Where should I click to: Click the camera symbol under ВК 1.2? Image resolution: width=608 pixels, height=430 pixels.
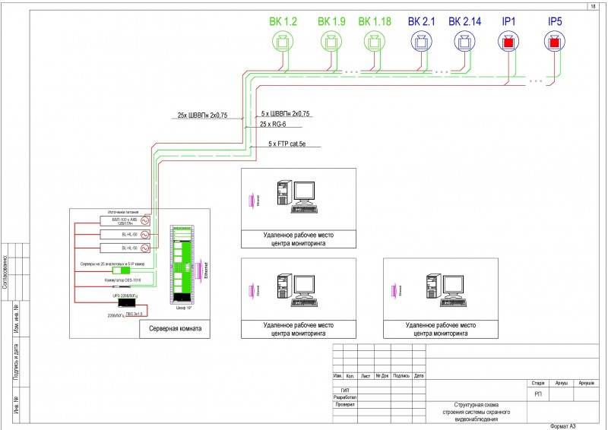click(x=283, y=43)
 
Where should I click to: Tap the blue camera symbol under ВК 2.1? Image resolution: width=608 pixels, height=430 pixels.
click(x=420, y=43)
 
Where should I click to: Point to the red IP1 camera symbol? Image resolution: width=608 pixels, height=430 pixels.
click(x=508, y=43)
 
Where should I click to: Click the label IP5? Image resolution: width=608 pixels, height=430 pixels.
click(x=555, y=21)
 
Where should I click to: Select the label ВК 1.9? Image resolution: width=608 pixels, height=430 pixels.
click(x=331, y=21)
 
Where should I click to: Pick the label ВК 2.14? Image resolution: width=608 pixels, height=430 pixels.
click(x=465, y=21)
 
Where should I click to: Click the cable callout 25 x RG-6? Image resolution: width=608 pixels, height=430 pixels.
click(x=275, y=123)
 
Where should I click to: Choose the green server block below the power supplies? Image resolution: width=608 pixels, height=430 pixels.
click(x=121, y=270)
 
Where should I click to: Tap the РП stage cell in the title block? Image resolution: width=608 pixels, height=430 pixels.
click(x=538, y=394)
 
